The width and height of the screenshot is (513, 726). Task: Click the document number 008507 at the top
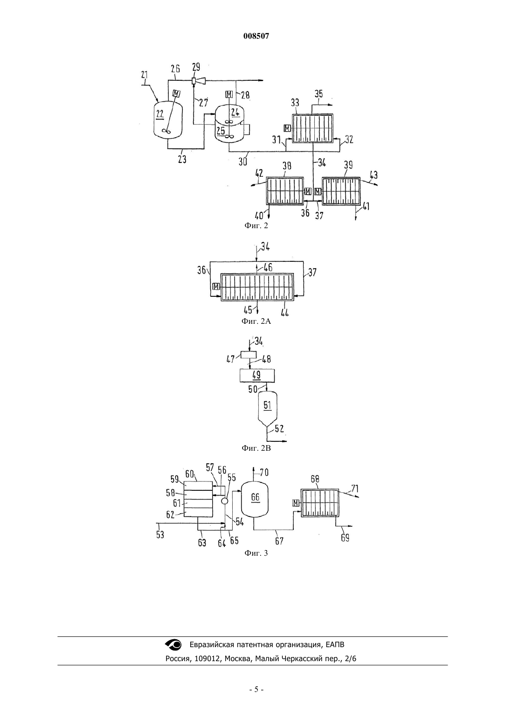click(x=256, y=36)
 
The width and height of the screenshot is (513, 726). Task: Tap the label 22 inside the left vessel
click(x=160, y=114)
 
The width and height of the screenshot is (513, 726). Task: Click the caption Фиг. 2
click(x=256, y=225)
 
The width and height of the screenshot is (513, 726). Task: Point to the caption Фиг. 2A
click(x=256, y=321)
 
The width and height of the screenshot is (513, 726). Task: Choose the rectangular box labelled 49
click(x=257, y=376)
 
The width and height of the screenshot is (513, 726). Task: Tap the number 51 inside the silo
click(x=268, y=405)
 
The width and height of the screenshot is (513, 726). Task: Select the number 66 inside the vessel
click(x=255, y=497)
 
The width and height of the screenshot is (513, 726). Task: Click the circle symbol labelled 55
click(x=224, y=501)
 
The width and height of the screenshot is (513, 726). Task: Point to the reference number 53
click(x=160, y=534)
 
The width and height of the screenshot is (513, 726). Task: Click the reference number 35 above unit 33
click(x=319, y=94)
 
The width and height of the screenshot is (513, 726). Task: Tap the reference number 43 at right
click(x=374, y=175)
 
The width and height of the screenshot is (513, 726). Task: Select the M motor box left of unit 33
click(x=287, y=128)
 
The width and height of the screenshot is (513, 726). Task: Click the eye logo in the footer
click(x=173, y=645)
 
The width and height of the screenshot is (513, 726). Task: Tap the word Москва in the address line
click(x=238, y=659)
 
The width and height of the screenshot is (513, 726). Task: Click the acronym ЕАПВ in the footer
click(x=335, y=645)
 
